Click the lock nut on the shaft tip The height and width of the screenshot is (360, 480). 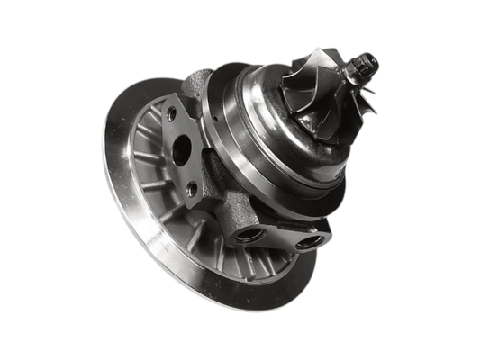(x=367, y=65)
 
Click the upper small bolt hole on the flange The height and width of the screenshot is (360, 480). (x=171, y=114)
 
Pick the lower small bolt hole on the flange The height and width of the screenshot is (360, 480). (x=191, y=188)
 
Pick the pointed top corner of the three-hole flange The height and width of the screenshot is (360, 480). (x=167, y=97)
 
